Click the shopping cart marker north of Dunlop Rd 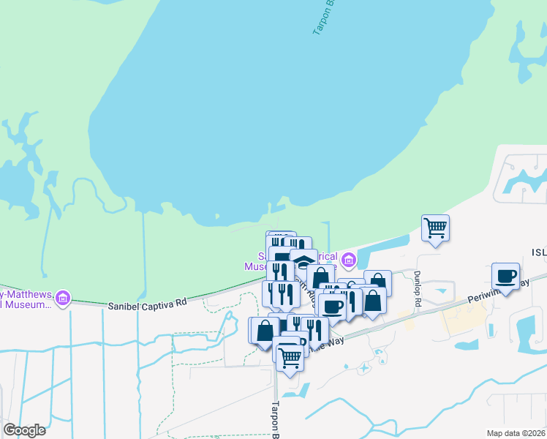[435, 228]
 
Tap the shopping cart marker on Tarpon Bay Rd [290, 358]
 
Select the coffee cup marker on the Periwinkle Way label [505, 276]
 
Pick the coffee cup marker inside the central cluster [332, 307]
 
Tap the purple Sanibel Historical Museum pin [348, 260]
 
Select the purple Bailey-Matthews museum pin [63, 298]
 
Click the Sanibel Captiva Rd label [147, 301]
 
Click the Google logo [23, 429]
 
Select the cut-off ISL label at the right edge [538, 251]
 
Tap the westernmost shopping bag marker [263, 330]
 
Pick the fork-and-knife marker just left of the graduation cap [280, 270]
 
